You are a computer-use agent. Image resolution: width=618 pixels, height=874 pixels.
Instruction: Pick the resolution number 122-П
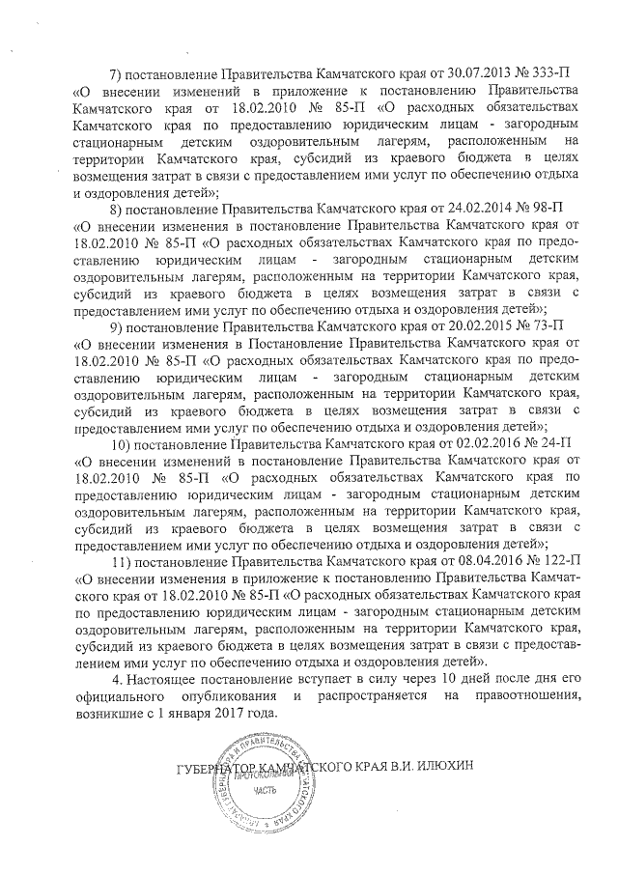[x=540, y=563]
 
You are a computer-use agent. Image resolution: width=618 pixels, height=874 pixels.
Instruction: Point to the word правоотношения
[x=522, y=696]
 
